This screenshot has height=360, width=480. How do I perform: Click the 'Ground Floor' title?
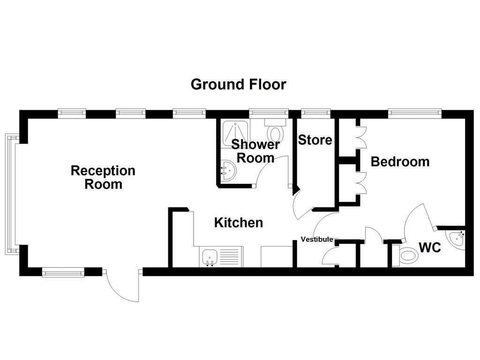click(238, 84)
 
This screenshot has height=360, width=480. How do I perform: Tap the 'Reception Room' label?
click(103, 177)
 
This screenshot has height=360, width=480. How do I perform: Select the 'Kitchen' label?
click(238, 223)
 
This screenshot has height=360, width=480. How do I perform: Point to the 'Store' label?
click(315, 140)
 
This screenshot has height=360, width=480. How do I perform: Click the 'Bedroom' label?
click(400, 162)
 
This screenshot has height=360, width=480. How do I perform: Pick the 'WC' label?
click(430, 247)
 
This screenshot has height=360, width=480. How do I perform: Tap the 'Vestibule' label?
click(317, 240)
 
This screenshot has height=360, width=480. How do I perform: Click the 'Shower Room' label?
click(255, 151)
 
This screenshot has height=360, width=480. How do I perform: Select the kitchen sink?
click(209, 257)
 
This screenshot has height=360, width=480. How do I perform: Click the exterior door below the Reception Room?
click(123, 286)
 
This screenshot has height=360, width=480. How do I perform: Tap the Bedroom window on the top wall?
click(415, 112)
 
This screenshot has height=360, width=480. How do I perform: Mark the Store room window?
click(315, 112)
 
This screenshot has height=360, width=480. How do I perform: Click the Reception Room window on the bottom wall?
click(63, 272)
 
